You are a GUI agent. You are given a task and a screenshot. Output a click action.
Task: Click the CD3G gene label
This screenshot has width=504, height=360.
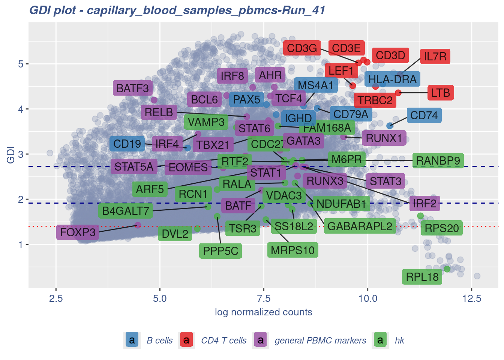click(x=302, y=48)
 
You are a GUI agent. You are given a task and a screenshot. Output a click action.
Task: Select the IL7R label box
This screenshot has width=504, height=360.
click(x=435, y=57)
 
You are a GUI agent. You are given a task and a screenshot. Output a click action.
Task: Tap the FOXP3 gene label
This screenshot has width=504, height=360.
click(x=78, y=232)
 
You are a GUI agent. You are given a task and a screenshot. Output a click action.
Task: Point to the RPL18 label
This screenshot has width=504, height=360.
click(x=422, y=277)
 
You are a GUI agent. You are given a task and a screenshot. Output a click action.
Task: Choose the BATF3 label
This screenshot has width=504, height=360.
click(x=133, y=88)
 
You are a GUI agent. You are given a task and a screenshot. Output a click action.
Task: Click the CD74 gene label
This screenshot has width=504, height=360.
click(x=424, y=115)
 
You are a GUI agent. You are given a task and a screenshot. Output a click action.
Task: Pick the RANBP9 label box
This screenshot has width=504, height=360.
click(x=438, y=161)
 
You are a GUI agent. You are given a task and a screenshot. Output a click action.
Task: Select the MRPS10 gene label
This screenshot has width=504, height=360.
click(x=292, y=250)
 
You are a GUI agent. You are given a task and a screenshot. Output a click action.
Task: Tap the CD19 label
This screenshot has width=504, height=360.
click(x=127, y=144)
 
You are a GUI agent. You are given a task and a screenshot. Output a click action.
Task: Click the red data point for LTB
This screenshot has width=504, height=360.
click(x=398, y=93)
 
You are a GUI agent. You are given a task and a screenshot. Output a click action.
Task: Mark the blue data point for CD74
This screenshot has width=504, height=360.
click(x=390, y=126)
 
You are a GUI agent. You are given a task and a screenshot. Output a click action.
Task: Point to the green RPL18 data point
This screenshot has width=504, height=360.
click(x=447, y=269)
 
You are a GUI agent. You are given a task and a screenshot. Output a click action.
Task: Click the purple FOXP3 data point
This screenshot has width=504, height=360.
click(x=138, y=225)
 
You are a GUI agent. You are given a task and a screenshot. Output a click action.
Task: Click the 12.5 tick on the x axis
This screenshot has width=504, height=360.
click(x=472, y=298)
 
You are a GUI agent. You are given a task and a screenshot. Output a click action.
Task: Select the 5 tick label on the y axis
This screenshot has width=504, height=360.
click(x=21, y=64)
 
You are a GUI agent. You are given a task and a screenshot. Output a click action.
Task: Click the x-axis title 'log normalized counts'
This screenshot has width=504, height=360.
click(x=263, y=312)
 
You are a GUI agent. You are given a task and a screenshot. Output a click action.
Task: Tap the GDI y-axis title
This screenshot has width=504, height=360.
click(x=10, y=154)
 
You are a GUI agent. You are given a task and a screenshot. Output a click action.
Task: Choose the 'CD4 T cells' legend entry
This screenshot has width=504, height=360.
click(x=224, y=340)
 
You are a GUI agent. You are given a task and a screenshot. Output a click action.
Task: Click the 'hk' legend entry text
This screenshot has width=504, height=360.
click(x=399, y=340)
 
